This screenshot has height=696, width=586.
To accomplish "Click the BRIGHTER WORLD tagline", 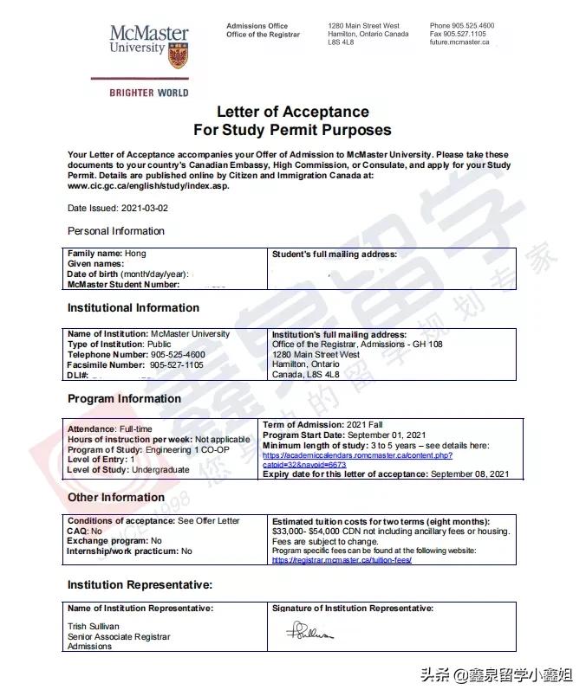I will point(148,93).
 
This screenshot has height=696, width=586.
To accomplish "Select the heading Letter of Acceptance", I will point(292,112).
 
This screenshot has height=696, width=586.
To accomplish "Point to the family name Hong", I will point(135,254).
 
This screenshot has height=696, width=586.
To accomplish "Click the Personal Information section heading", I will point(116,231).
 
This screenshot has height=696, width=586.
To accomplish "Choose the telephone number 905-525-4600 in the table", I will point(177,355).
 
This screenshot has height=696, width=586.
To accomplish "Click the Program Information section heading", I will point(125,399).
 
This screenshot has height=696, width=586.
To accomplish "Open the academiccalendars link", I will point(357,455).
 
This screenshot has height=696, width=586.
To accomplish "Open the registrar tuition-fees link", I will point(342,560).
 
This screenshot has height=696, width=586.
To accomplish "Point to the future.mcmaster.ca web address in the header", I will point(459,42).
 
